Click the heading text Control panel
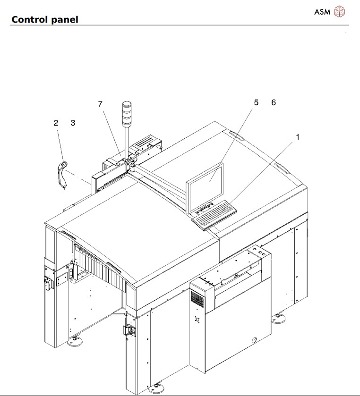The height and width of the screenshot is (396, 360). pyautogui.click(x=44, y=19)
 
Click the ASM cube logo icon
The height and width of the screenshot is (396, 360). pyautogui.click(x=339, y=12)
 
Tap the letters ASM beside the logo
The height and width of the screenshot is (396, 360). pyautogui.click(x=322, y=12)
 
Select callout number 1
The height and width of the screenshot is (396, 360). pyautogui.click(x=298, y=137)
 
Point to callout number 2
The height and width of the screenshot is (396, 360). pyautogui.click(x=56, y=123)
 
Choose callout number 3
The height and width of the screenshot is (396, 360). pyautogui.click(x=73, y=123)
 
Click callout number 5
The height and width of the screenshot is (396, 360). pyautogui.click(x=256, y=102)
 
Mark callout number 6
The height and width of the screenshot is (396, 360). pyautogui.click(x=273, y=102)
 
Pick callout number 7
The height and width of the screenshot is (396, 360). pyautogui.click(x=101, y=104)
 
